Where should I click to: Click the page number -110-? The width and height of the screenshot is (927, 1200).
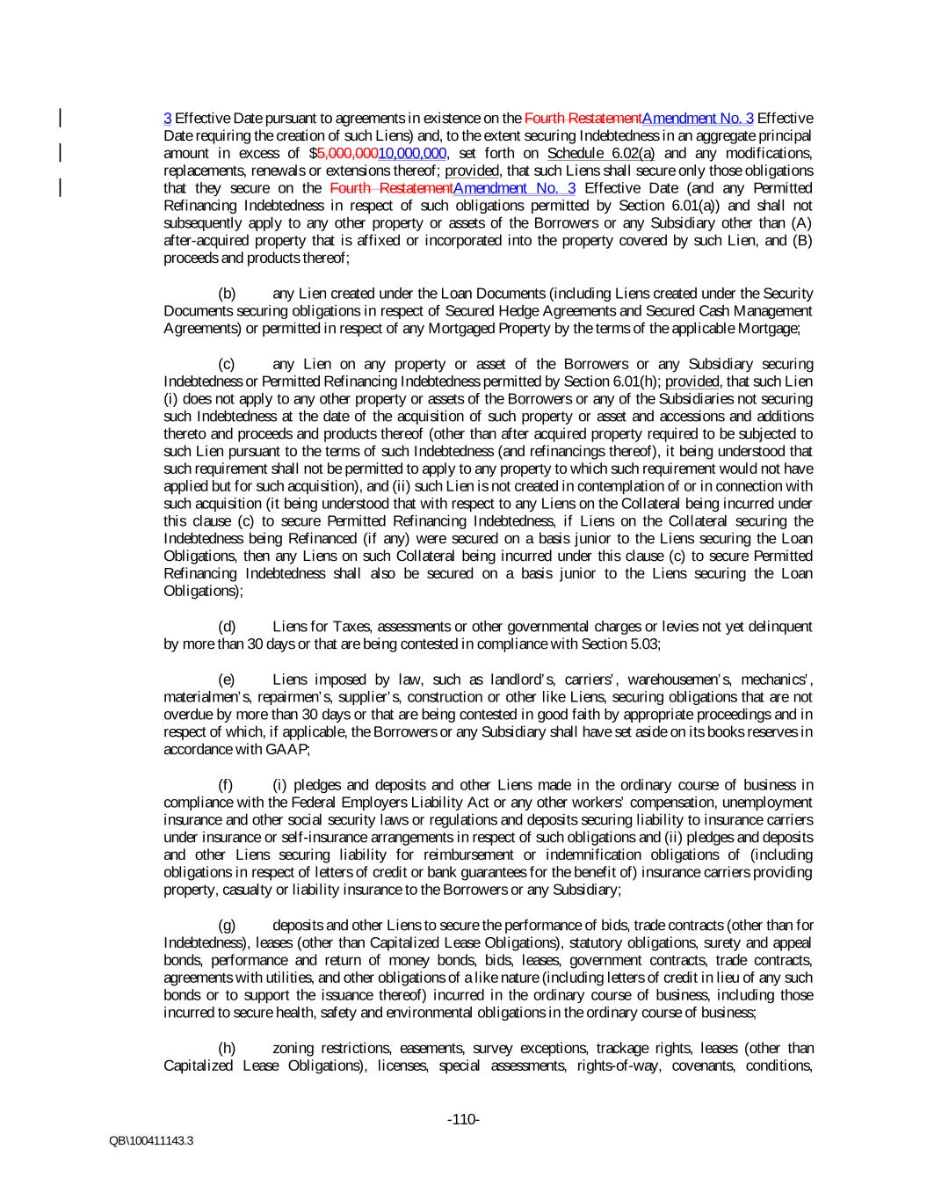point(463,1119)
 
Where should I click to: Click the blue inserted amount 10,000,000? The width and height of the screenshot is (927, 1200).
point(413,153)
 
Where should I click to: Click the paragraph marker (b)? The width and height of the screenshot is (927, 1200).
point(227,294)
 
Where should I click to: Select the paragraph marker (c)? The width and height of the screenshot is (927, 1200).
point(227,364)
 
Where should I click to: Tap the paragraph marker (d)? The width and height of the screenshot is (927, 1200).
point(227,627)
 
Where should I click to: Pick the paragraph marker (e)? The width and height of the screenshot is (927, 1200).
point(227,680)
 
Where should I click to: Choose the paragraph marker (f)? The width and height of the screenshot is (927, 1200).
point(226,785)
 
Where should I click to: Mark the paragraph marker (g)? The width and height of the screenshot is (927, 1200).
point(227,926)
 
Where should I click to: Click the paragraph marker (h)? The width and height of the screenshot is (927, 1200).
point(227,1049)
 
